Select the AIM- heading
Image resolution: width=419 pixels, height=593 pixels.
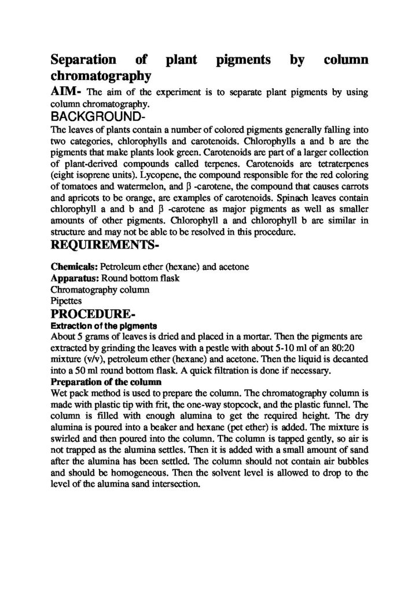[x=67, y=91]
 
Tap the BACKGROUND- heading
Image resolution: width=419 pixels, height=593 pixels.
[x=93, y=117]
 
